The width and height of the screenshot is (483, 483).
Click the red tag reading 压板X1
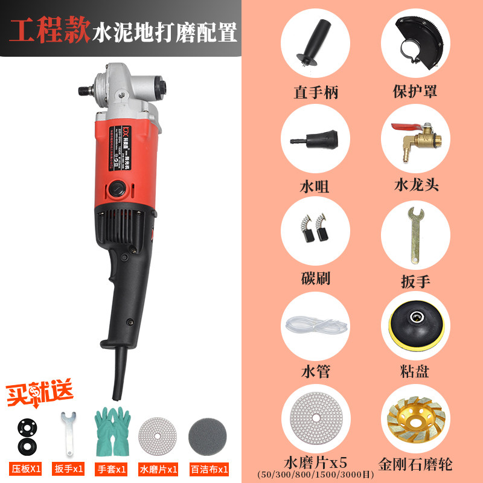(x=25, y=468)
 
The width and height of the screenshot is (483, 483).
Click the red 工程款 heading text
(x=50, y=31)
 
